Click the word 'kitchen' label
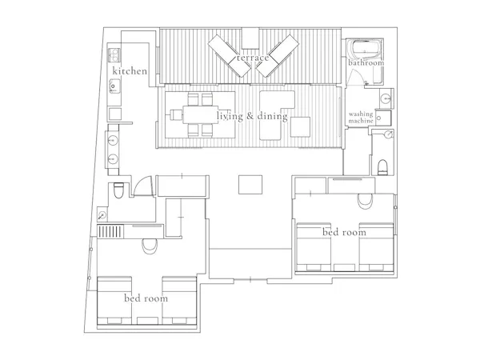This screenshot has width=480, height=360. (130, 71)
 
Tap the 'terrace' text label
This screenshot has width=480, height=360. (253, 58)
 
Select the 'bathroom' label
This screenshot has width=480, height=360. (366, 62)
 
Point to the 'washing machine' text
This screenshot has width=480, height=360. (361, 118)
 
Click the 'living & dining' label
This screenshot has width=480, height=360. (252, 116)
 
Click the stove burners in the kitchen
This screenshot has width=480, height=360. (114, 54)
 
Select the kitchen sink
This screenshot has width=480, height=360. (114, 86)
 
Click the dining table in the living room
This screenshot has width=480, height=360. (200, 114)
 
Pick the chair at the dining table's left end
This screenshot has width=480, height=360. (174, 114)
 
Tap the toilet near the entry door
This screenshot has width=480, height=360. (118, 190)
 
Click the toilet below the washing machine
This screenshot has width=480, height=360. (382, 167)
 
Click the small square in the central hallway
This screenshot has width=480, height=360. (250, 185)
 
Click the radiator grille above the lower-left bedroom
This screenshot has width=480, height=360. (110, 231)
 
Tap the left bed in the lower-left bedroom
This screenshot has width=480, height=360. (114, 301)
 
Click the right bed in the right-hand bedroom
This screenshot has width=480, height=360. (376, 247)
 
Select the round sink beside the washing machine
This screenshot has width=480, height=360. (386, 98)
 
